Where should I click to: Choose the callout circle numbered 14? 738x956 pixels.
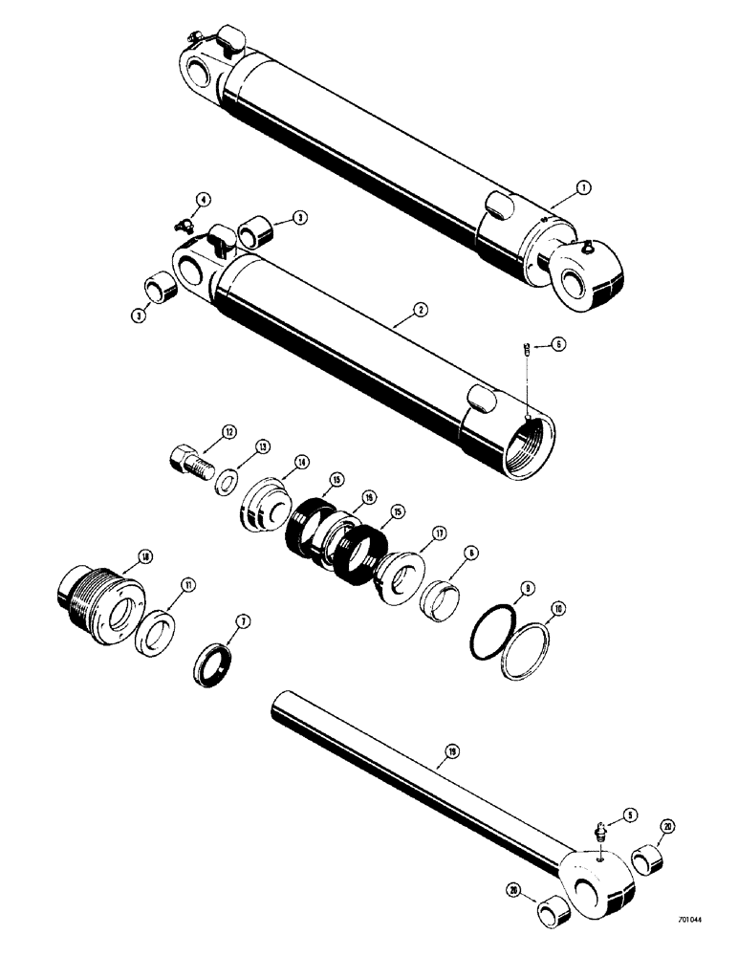coord(301,462)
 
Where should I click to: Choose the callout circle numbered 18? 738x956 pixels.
coord(144,557)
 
